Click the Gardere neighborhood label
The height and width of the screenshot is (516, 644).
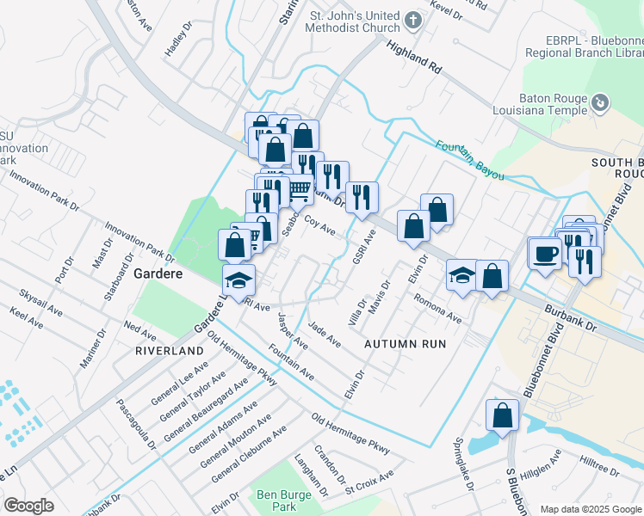click(x=157, y=273)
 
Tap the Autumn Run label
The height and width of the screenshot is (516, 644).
click(x=405, y=343)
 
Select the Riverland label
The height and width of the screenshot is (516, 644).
click(x=170, y=351)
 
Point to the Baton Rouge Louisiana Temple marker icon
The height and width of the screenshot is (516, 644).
click(x=601, y=104)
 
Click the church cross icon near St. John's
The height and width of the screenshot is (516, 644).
click(x=413, y=20)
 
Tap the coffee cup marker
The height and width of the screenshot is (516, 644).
click(x=546, y=254)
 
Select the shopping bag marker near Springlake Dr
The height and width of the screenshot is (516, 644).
click(x=503, y=415)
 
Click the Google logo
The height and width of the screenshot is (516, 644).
click(x=29, y=506)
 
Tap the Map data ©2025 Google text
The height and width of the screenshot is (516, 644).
click(x=591, y=509)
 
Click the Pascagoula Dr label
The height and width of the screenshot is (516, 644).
click(x=137, y=424)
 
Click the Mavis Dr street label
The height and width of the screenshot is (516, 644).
click(x=380, y=297)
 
